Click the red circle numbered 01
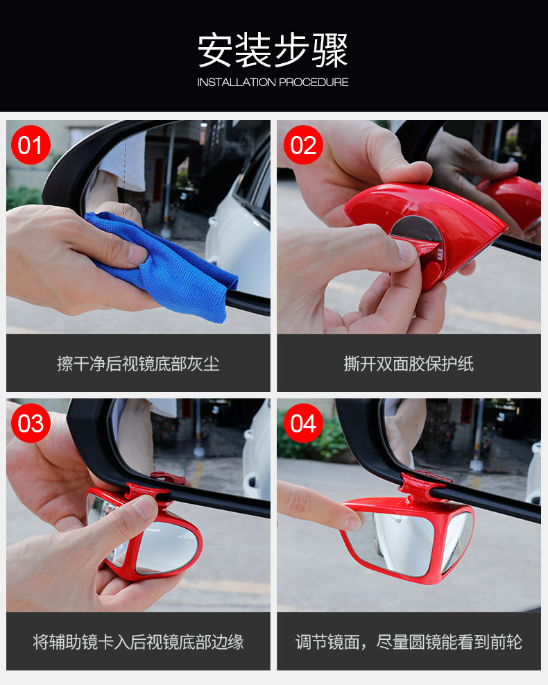(x=31, y=145)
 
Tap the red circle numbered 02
(x=303, y=145)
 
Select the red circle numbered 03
(x=31, y=423)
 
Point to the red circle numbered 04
(x=303, y=423)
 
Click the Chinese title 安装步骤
(x=273, y=50)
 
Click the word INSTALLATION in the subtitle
(x=237, y=82)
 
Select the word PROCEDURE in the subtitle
(x=314, y=82)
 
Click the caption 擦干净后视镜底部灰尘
(x=138, y=364)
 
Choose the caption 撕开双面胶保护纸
(x=409, y=364)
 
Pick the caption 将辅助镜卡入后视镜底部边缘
(x=138, y=642)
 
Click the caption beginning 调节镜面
(x=409, y=642)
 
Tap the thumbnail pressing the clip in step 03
(x=146, y=506)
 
